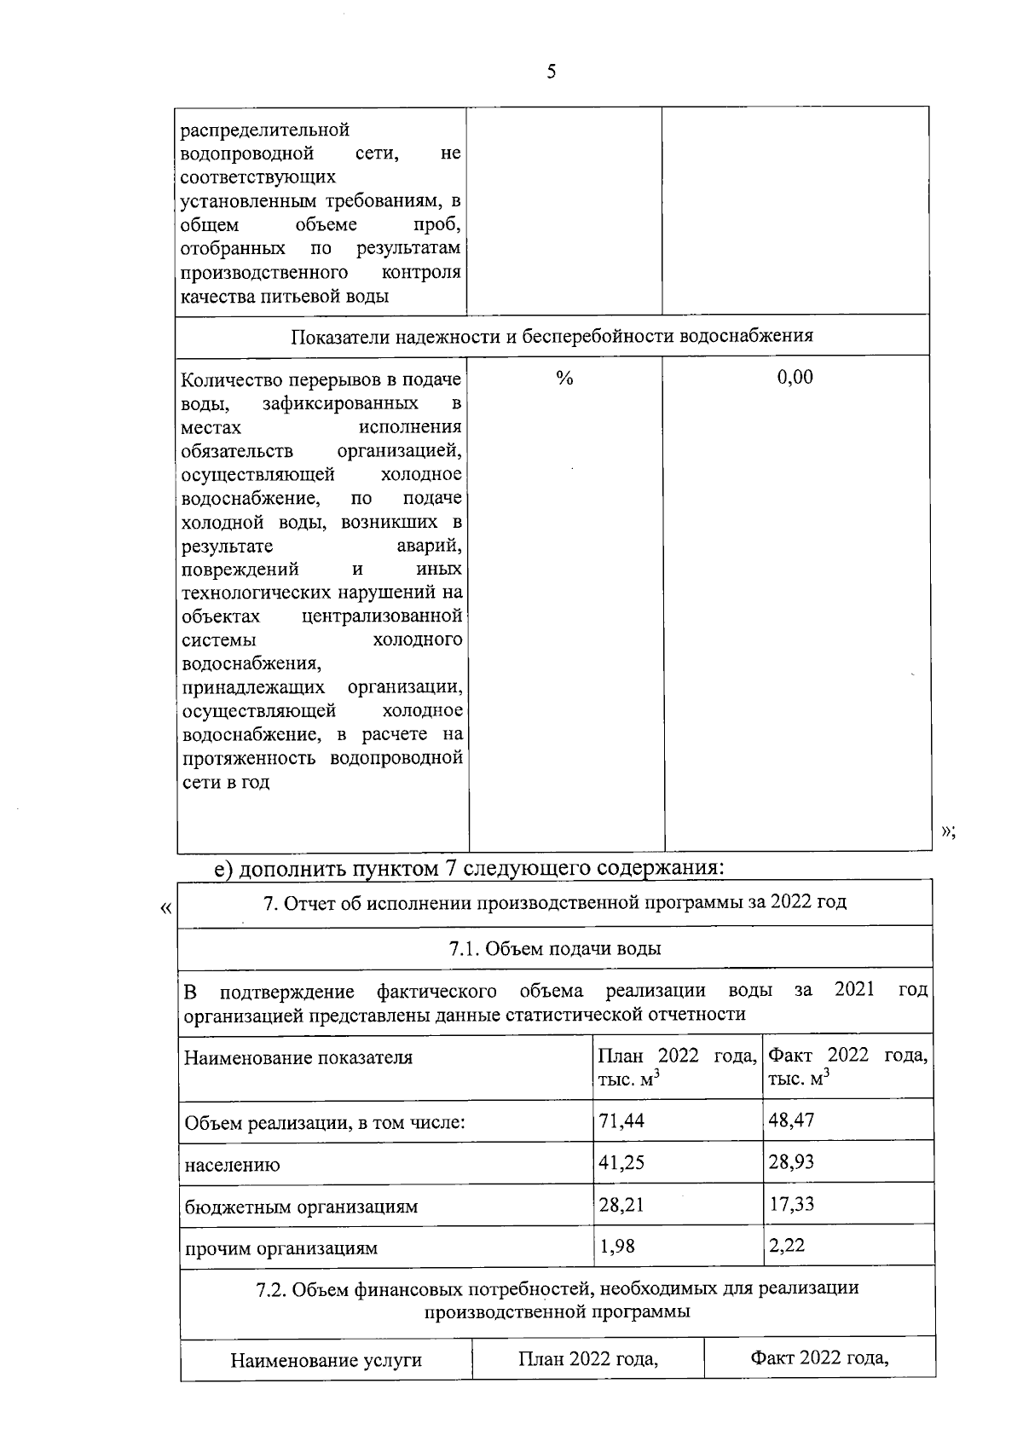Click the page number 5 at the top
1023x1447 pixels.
tap(551, 72)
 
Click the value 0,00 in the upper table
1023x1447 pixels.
tap(795, 377)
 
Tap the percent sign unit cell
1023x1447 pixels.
tap(564, 378)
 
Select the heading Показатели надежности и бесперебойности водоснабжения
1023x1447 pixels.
tap(552, 335)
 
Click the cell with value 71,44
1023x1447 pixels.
tap(621, 1120)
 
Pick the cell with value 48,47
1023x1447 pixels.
tap(791, 1120)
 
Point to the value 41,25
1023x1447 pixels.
tap(621, 1162)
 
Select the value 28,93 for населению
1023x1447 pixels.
tap(791, 1161)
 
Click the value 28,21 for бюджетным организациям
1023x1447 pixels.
tap(621, 1204)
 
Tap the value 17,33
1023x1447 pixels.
tap(790, 1204)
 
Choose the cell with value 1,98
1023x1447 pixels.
tap(617, 1246)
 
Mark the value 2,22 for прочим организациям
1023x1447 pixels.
tap(786, 1245)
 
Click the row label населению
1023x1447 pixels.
tap(232, 1165)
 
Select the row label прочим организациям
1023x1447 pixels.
tap(280, 1248)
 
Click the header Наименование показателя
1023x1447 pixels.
tap(298, 1057)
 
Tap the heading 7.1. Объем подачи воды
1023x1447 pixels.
tap(555, 948)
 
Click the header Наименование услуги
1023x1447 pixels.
tap(326, 1360)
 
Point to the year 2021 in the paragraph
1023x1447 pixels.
tap(854, 989)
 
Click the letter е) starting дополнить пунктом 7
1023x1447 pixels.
tap(223, 868)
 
